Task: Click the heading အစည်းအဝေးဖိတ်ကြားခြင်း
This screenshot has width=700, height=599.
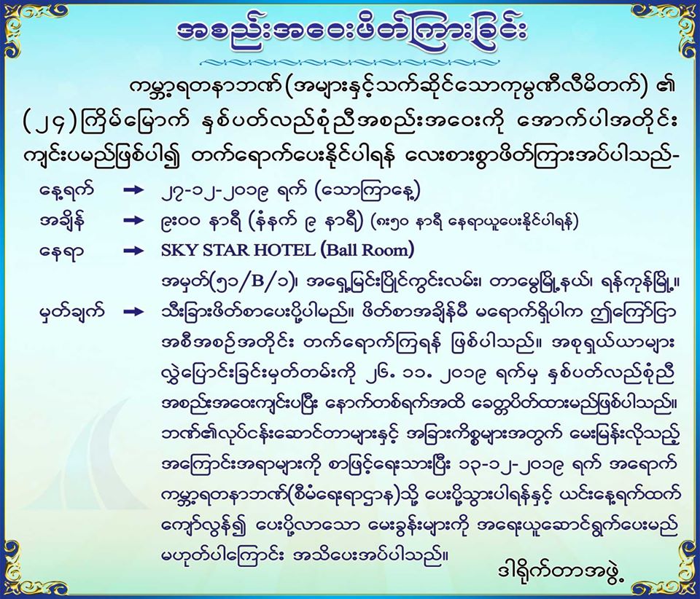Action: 351,32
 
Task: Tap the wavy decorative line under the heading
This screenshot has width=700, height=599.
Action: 349,61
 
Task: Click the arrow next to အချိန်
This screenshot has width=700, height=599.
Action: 134,220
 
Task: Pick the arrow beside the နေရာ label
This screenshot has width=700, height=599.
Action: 134,251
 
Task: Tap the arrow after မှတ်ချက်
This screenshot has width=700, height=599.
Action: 134,312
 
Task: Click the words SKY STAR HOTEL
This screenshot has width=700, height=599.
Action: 238,250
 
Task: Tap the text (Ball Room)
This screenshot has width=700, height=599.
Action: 367,250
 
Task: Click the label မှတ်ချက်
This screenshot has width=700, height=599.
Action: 71,312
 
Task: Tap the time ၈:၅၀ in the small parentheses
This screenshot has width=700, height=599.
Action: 394,222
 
